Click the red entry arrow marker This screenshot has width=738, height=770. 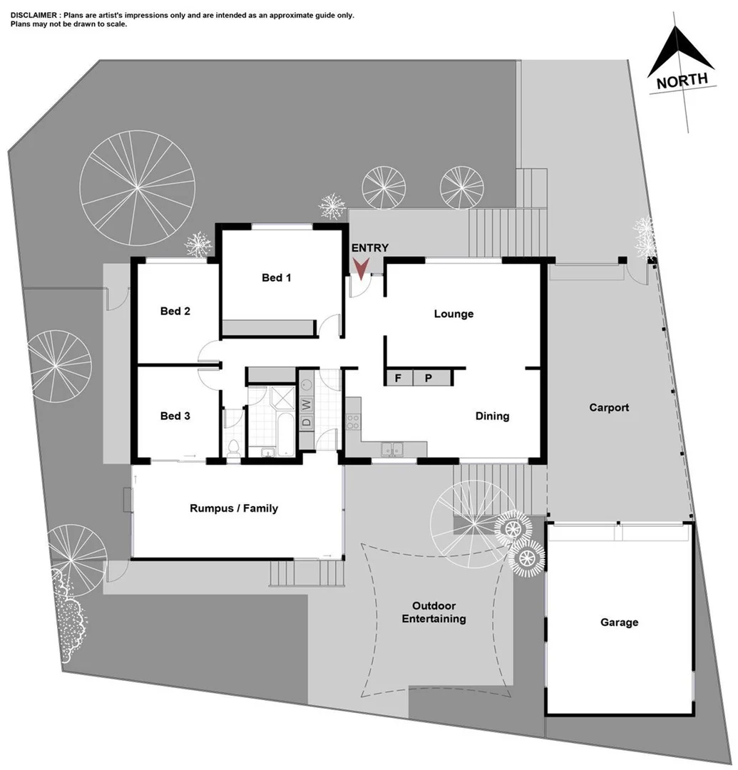(362, 268)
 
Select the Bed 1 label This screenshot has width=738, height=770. (276, 277)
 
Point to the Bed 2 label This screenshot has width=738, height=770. (175, 311)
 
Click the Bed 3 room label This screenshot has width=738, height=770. (175, 416)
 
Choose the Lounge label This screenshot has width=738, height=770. (453, 314)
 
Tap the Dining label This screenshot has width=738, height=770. (492, 416)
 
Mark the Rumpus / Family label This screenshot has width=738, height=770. (234, 508)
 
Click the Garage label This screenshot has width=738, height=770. (618, 622)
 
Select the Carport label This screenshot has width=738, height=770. (609, 408)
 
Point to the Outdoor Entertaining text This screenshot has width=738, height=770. (434, 612)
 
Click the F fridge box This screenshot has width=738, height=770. (399, 378)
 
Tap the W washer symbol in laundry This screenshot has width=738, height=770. (307, 404)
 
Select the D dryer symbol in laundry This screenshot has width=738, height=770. (307, 421)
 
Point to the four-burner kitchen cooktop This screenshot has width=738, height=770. (352, 421)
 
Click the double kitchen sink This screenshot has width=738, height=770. (391, 448)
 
